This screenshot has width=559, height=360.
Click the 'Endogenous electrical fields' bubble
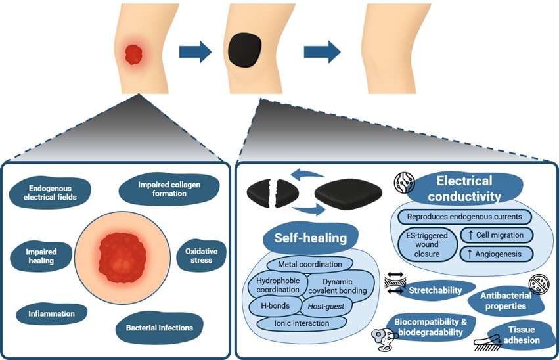pos(50,193)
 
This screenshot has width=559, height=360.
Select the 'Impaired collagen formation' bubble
pos(169,189)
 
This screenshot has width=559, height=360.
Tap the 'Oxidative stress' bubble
pos(201,256)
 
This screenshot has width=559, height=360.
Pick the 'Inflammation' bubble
pos(52,314)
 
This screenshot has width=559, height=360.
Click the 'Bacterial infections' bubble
pos(160,328)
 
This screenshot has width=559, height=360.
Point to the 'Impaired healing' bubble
pos(41,256)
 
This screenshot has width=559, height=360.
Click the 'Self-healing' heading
pos(311,238)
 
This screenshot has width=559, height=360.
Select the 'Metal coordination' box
pos(310,265)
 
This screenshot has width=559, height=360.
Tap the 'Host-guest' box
pos(326,306)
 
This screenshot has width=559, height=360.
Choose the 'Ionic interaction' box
pos(302,323)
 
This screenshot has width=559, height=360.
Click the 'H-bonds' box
pos(275,306)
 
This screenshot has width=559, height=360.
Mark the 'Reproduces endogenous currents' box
pos(464,217)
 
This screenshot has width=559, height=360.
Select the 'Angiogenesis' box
pos(497,254)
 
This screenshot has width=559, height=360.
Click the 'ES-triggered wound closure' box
pos(428,245)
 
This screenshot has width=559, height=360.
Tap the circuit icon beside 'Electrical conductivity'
pos(404,182)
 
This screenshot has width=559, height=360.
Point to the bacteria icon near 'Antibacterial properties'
pos(539,284)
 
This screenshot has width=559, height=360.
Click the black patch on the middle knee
pos(245,50)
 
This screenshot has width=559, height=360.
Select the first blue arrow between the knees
pos(195,52)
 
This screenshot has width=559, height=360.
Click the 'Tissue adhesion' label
pos(522,335)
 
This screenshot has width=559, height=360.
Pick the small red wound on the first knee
pos(134,55)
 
